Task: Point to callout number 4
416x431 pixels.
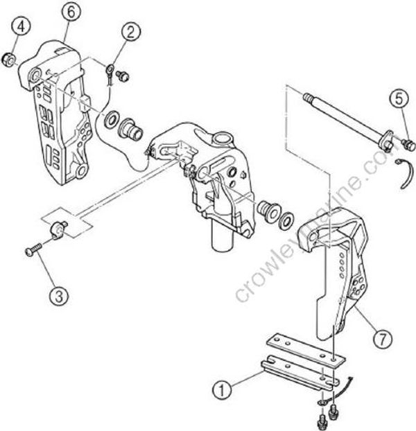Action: click(23, 28)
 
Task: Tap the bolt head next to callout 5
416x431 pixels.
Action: click(408, 144)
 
